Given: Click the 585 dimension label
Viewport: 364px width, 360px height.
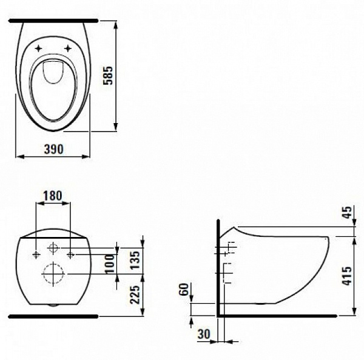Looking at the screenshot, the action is (108, 76).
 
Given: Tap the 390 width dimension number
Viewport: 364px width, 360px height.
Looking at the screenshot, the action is (53, 149).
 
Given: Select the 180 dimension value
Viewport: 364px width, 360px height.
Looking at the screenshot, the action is (53, 196).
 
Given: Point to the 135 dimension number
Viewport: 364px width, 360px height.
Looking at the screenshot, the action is (135, 260).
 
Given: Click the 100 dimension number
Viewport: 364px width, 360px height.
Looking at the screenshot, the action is (110, 264).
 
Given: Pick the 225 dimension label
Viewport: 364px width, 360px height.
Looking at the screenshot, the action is (135, 295).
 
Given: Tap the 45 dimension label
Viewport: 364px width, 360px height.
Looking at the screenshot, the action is (348, 212).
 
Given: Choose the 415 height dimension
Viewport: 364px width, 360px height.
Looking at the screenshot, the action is (348, 276).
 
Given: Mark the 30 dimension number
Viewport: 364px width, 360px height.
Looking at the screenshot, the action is (204, 334).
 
